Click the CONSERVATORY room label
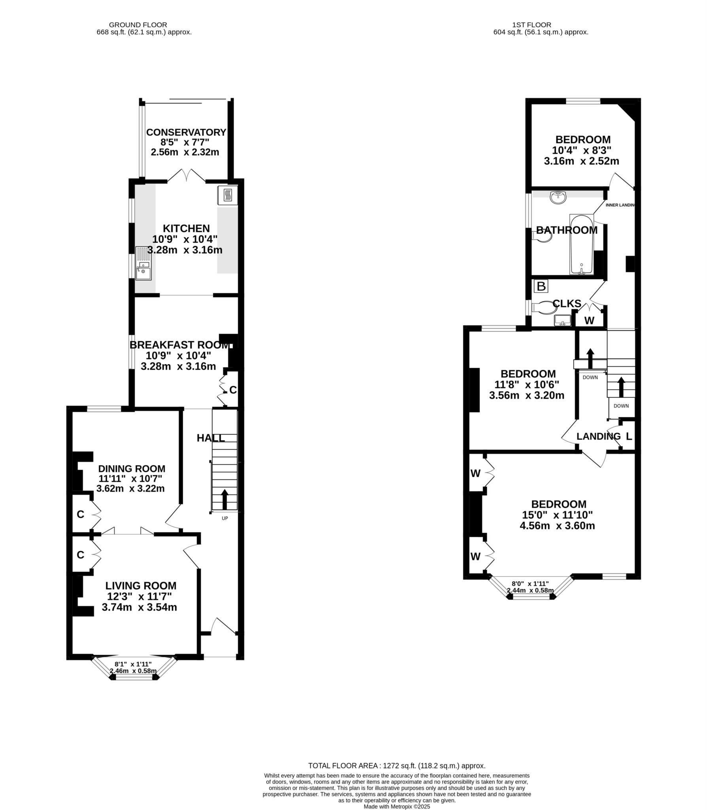tap(186, 132)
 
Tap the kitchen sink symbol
tap(143, 263)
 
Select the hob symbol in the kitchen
tap(228, 195)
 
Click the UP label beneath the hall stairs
tap(225, 518)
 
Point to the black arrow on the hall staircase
tap(225, 499)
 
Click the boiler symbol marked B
tap(541, 286)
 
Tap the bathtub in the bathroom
tap(581, 244)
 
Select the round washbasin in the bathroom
tap(558, 197)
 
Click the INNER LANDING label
tap(620, 205)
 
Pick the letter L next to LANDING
tap(629, 437)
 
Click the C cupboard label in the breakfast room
tap(233, 390)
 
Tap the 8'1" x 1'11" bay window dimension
tap(133, 664)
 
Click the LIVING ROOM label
tap(141, 586)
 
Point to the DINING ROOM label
tap(132, 469)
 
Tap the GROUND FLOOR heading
tap(138, 25)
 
